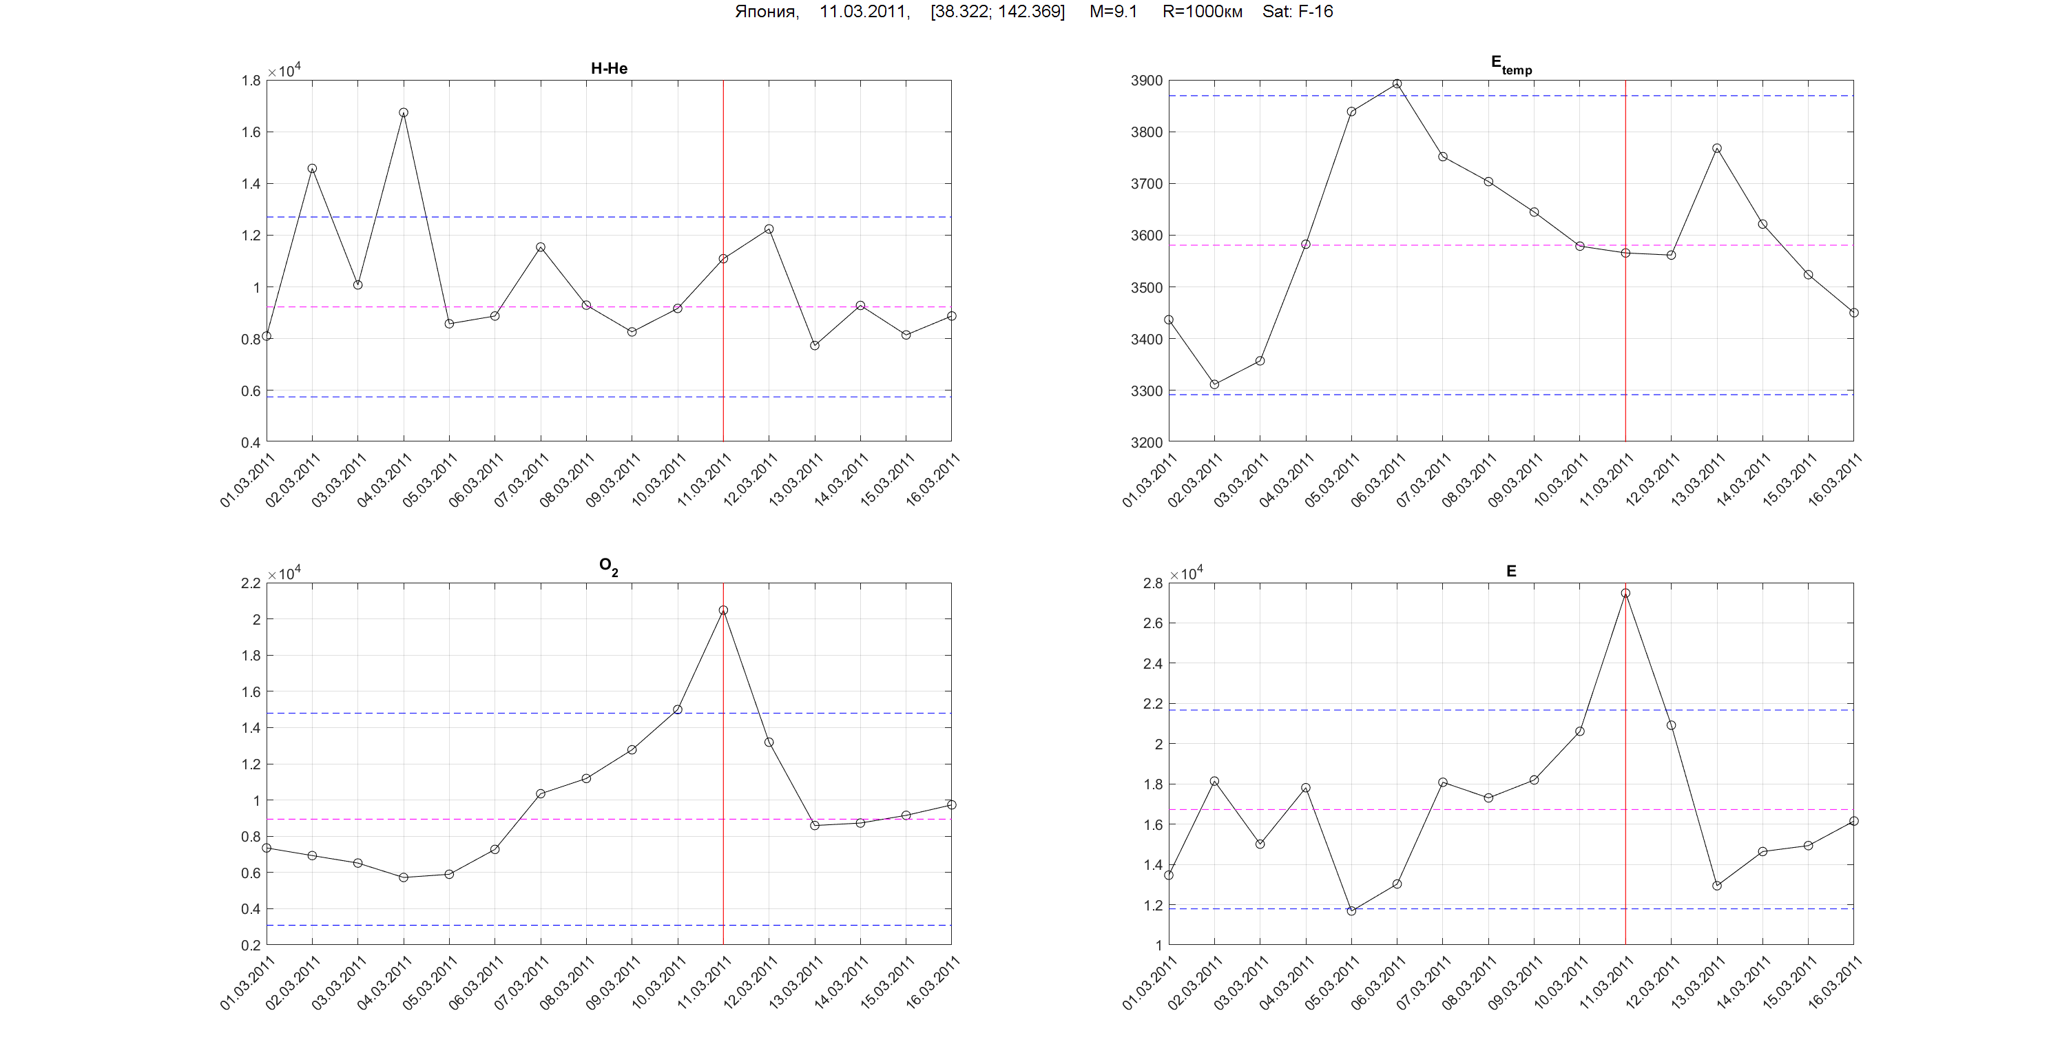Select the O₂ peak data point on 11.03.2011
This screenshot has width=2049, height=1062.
pos(723,610)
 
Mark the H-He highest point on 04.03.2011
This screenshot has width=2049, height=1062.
pos(404,113)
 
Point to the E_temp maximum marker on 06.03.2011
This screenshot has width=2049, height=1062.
pos(1397,83)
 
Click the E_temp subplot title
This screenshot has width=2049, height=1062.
pos(1510,65)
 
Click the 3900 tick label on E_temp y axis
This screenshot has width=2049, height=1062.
pos(1146,81)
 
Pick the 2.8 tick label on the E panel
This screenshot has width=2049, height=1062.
pos(1152,583)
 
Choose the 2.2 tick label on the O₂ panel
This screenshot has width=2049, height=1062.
pos(251,583)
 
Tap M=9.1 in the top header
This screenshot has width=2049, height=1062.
pos(1113,12)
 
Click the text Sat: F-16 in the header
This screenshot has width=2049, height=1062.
pos(1298,12)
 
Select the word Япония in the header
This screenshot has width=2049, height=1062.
pos(766,12)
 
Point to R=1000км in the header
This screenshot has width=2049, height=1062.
pos(1202,12)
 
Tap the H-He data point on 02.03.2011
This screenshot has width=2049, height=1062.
pos(312,169)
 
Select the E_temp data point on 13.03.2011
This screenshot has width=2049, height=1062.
pos(1716,149)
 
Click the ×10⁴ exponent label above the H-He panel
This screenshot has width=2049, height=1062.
pos(284,72)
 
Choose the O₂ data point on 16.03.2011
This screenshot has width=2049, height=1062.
pos(951,805)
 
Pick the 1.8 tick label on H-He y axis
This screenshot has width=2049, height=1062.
pos(251,81)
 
